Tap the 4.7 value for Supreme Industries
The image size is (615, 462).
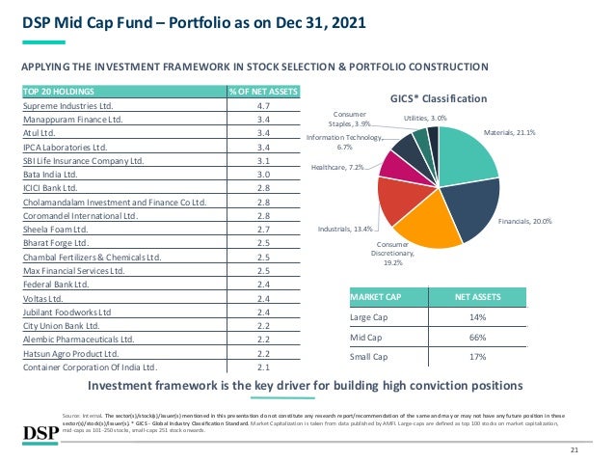pyautogui.click(x=263, y=106)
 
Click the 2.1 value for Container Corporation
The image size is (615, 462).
pyautogui.click(x=263, y=367)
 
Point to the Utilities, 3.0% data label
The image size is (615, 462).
pyautogui.click(x=424, y=116)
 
